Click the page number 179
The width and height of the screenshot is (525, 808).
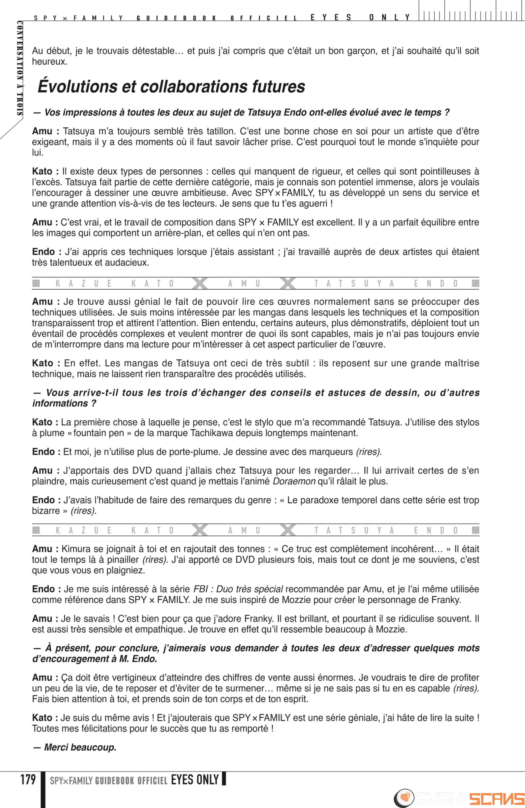tap(28, 780)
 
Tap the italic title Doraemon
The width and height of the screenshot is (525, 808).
tap(294, 481)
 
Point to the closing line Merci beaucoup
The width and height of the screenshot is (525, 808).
tap(80, 747)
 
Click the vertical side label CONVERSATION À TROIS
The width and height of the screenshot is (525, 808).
tap(20, 68)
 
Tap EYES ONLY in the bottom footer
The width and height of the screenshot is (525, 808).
tap(195, 780)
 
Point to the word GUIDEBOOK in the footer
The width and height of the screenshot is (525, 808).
tap(114, 781)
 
